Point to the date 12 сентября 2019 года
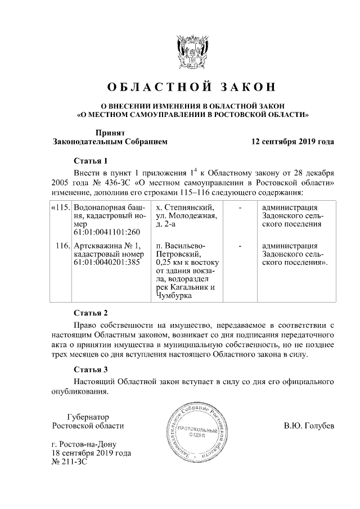292,142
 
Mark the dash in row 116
240,246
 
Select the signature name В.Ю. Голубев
309,426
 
